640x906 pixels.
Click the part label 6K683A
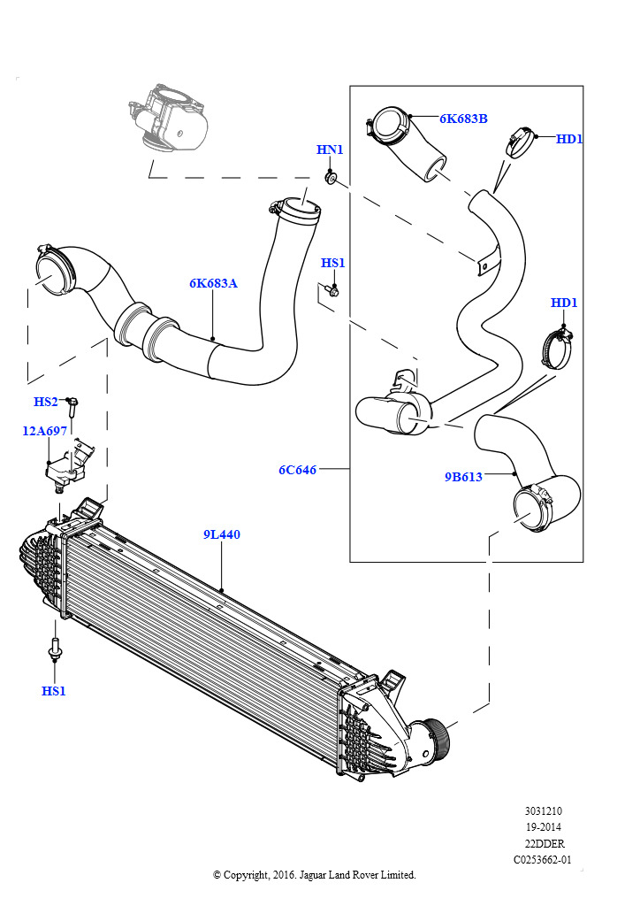tap(213, 283)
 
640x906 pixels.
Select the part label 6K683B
tap(463, 119)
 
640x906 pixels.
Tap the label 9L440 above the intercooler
tap(222, 534)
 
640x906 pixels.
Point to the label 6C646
tap(298, 470)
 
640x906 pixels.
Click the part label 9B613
tap(463, 477)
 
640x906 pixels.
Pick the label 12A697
tap(44, 431)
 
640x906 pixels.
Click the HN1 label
tap(330, 150)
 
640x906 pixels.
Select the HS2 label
tap(46, 402)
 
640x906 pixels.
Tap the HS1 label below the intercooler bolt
tap(54, 690)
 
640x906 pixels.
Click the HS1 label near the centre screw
tap(333, 263)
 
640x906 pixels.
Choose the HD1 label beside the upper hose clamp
tap(569, 139)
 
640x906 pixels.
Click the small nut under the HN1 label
tap(331, 177)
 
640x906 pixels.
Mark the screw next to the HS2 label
tap(72, 407)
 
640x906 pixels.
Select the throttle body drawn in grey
tap(168, 118)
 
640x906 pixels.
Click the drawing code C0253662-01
tap(543, 860)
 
